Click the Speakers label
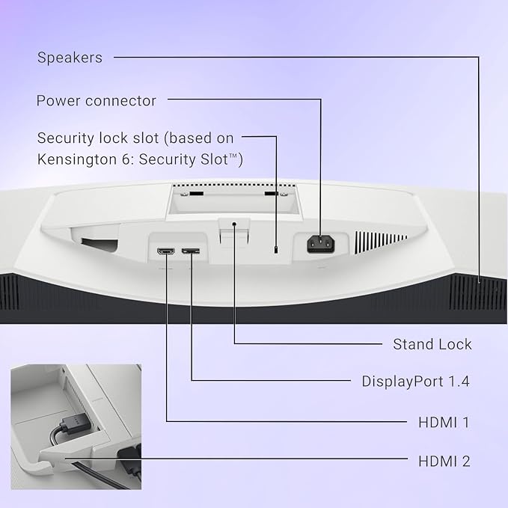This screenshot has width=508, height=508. (70, 58)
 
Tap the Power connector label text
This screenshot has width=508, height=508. (97, 101)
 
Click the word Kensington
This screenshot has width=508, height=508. (77, 159)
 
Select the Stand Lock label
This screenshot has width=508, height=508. (432, 344)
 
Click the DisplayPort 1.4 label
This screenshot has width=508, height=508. (416, 381)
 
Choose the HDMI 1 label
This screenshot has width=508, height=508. (444, 422)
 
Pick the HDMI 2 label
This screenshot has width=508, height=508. (444, 461)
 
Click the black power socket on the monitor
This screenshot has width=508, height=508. (321, 244)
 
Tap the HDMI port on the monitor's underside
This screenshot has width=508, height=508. (166, 251)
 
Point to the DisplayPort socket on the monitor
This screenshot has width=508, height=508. (191, 251)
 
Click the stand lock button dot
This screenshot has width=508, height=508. (234, 224)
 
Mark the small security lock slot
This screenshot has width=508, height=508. (276, 250)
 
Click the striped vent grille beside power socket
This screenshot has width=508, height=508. (381, 242)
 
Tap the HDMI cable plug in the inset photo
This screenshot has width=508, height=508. (75, 424)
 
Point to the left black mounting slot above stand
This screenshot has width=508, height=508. (196, 194)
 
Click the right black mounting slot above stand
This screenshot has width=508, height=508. (271, 194)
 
